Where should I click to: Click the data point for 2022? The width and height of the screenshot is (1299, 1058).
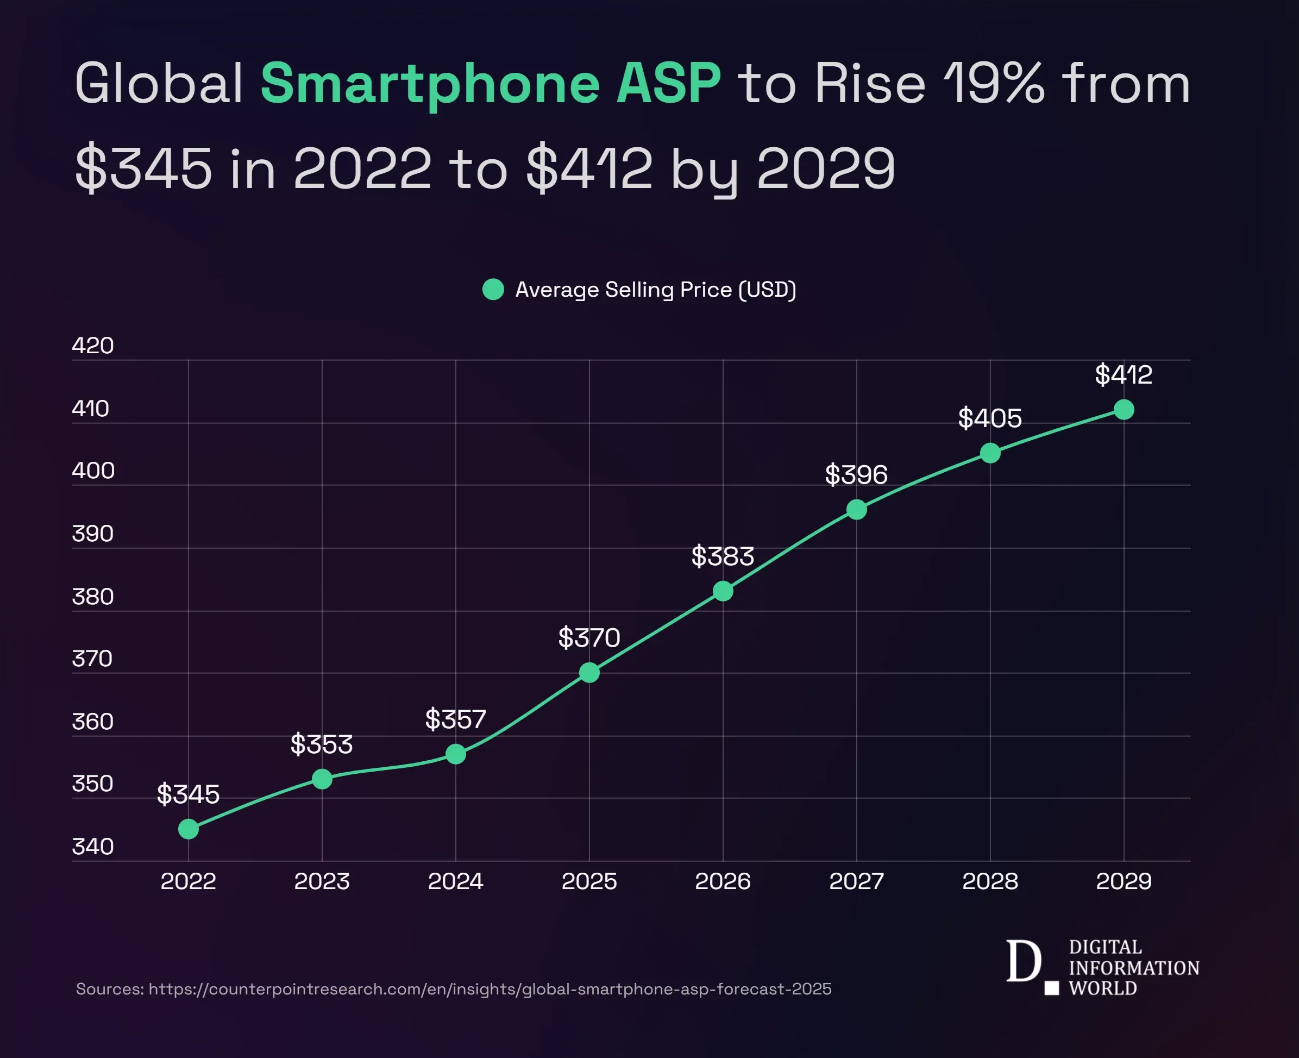tap(189, 829)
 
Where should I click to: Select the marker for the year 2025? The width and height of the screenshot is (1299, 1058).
tap(589, 672)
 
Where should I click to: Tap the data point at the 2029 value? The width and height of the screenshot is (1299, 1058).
tap(1124, 410)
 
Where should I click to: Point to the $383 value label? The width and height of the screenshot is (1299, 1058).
tap(723, 556)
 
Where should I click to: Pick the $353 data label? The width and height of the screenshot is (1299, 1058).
tap(322, 744)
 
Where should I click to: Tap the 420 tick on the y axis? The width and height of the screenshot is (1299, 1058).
tap(92, 346)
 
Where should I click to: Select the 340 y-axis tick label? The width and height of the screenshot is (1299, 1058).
tap(92, 847)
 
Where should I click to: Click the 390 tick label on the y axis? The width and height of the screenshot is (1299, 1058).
tap(92, 534)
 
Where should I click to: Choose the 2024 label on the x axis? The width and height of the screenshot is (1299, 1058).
tap(456, 881)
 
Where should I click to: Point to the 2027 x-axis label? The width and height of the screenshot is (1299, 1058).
tap(856, 881)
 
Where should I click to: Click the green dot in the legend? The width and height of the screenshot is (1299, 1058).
tap(493, 290)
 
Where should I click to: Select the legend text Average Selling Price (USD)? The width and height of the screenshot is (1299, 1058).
tap(656, 290)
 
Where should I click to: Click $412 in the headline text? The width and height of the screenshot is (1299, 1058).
tap(589, 168)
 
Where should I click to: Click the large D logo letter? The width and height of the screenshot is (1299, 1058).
tap(1023, 961)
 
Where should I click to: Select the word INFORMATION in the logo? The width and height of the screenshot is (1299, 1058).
tap(1134, 968)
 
